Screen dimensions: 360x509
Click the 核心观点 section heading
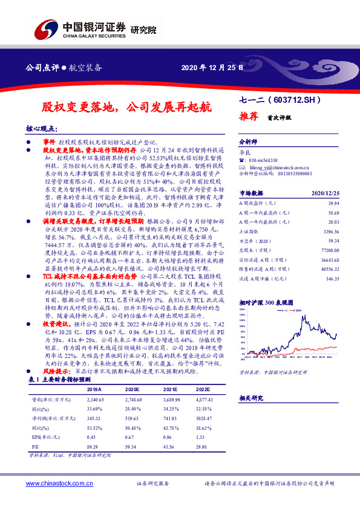pyautogui.click(x=41, y=129)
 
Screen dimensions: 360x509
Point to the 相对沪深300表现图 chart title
pyautogui.click(x=266, y=301)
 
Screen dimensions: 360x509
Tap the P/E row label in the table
pyautogui.click(x=34, y=445)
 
